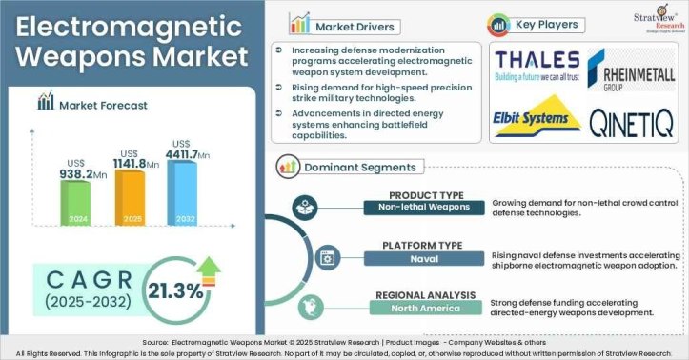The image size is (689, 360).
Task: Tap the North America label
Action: coord(425,309)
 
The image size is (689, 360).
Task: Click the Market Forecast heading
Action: coord(105,106)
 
